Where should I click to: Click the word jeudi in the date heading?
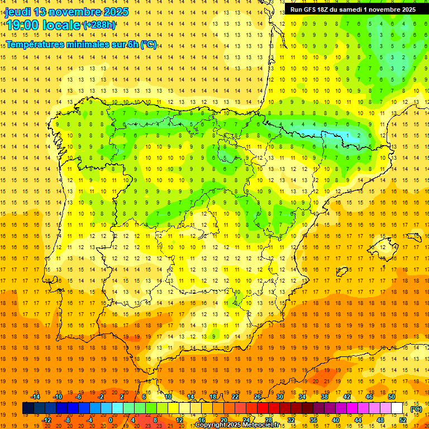18,12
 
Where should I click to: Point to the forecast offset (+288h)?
99,25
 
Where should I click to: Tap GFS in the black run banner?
311,9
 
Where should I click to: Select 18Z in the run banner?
325,9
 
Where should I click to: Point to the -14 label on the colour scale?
36,397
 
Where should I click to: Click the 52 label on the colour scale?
403,420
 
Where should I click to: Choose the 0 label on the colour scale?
111,420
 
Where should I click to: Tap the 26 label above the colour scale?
258,397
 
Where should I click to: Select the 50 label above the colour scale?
391,397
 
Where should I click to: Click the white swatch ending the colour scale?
397,408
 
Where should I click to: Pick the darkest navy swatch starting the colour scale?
28,408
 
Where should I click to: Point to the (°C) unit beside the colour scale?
416,409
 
